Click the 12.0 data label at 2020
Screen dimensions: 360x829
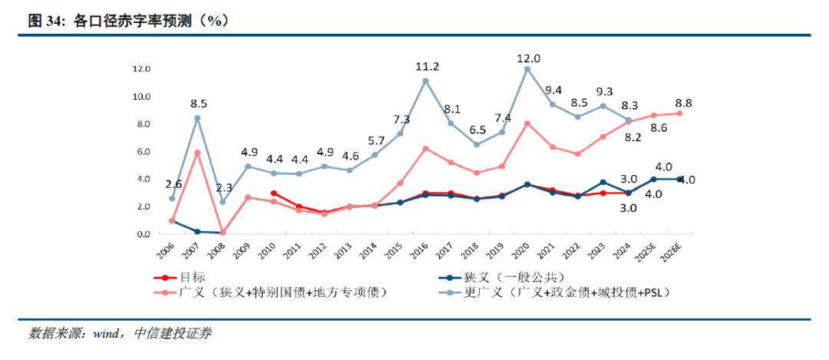click(x=528, y=58)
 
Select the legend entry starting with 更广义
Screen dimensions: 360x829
click(x=553, y=292)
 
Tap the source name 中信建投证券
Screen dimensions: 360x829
click(x=173, y=334)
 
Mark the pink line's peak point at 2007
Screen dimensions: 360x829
click(x=197, y=153)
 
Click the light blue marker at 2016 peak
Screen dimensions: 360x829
click(x=425, y=81)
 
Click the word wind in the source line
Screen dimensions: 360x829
click(x=107, y=334)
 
